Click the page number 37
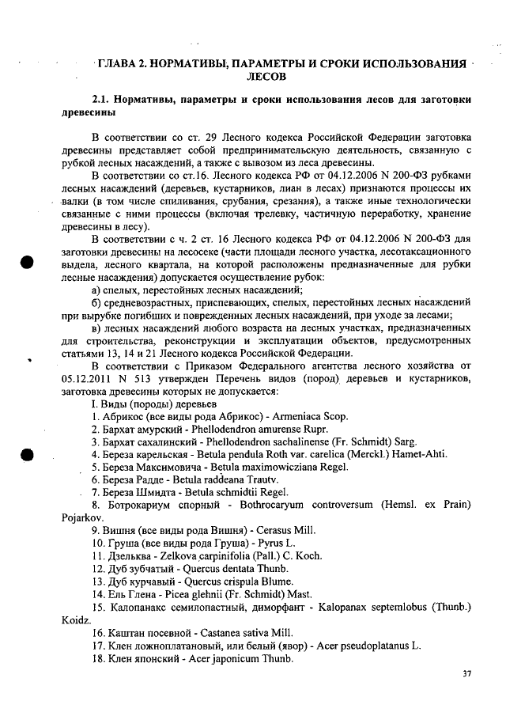[x=466, y=673]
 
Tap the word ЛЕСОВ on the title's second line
[x=270, y=77]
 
